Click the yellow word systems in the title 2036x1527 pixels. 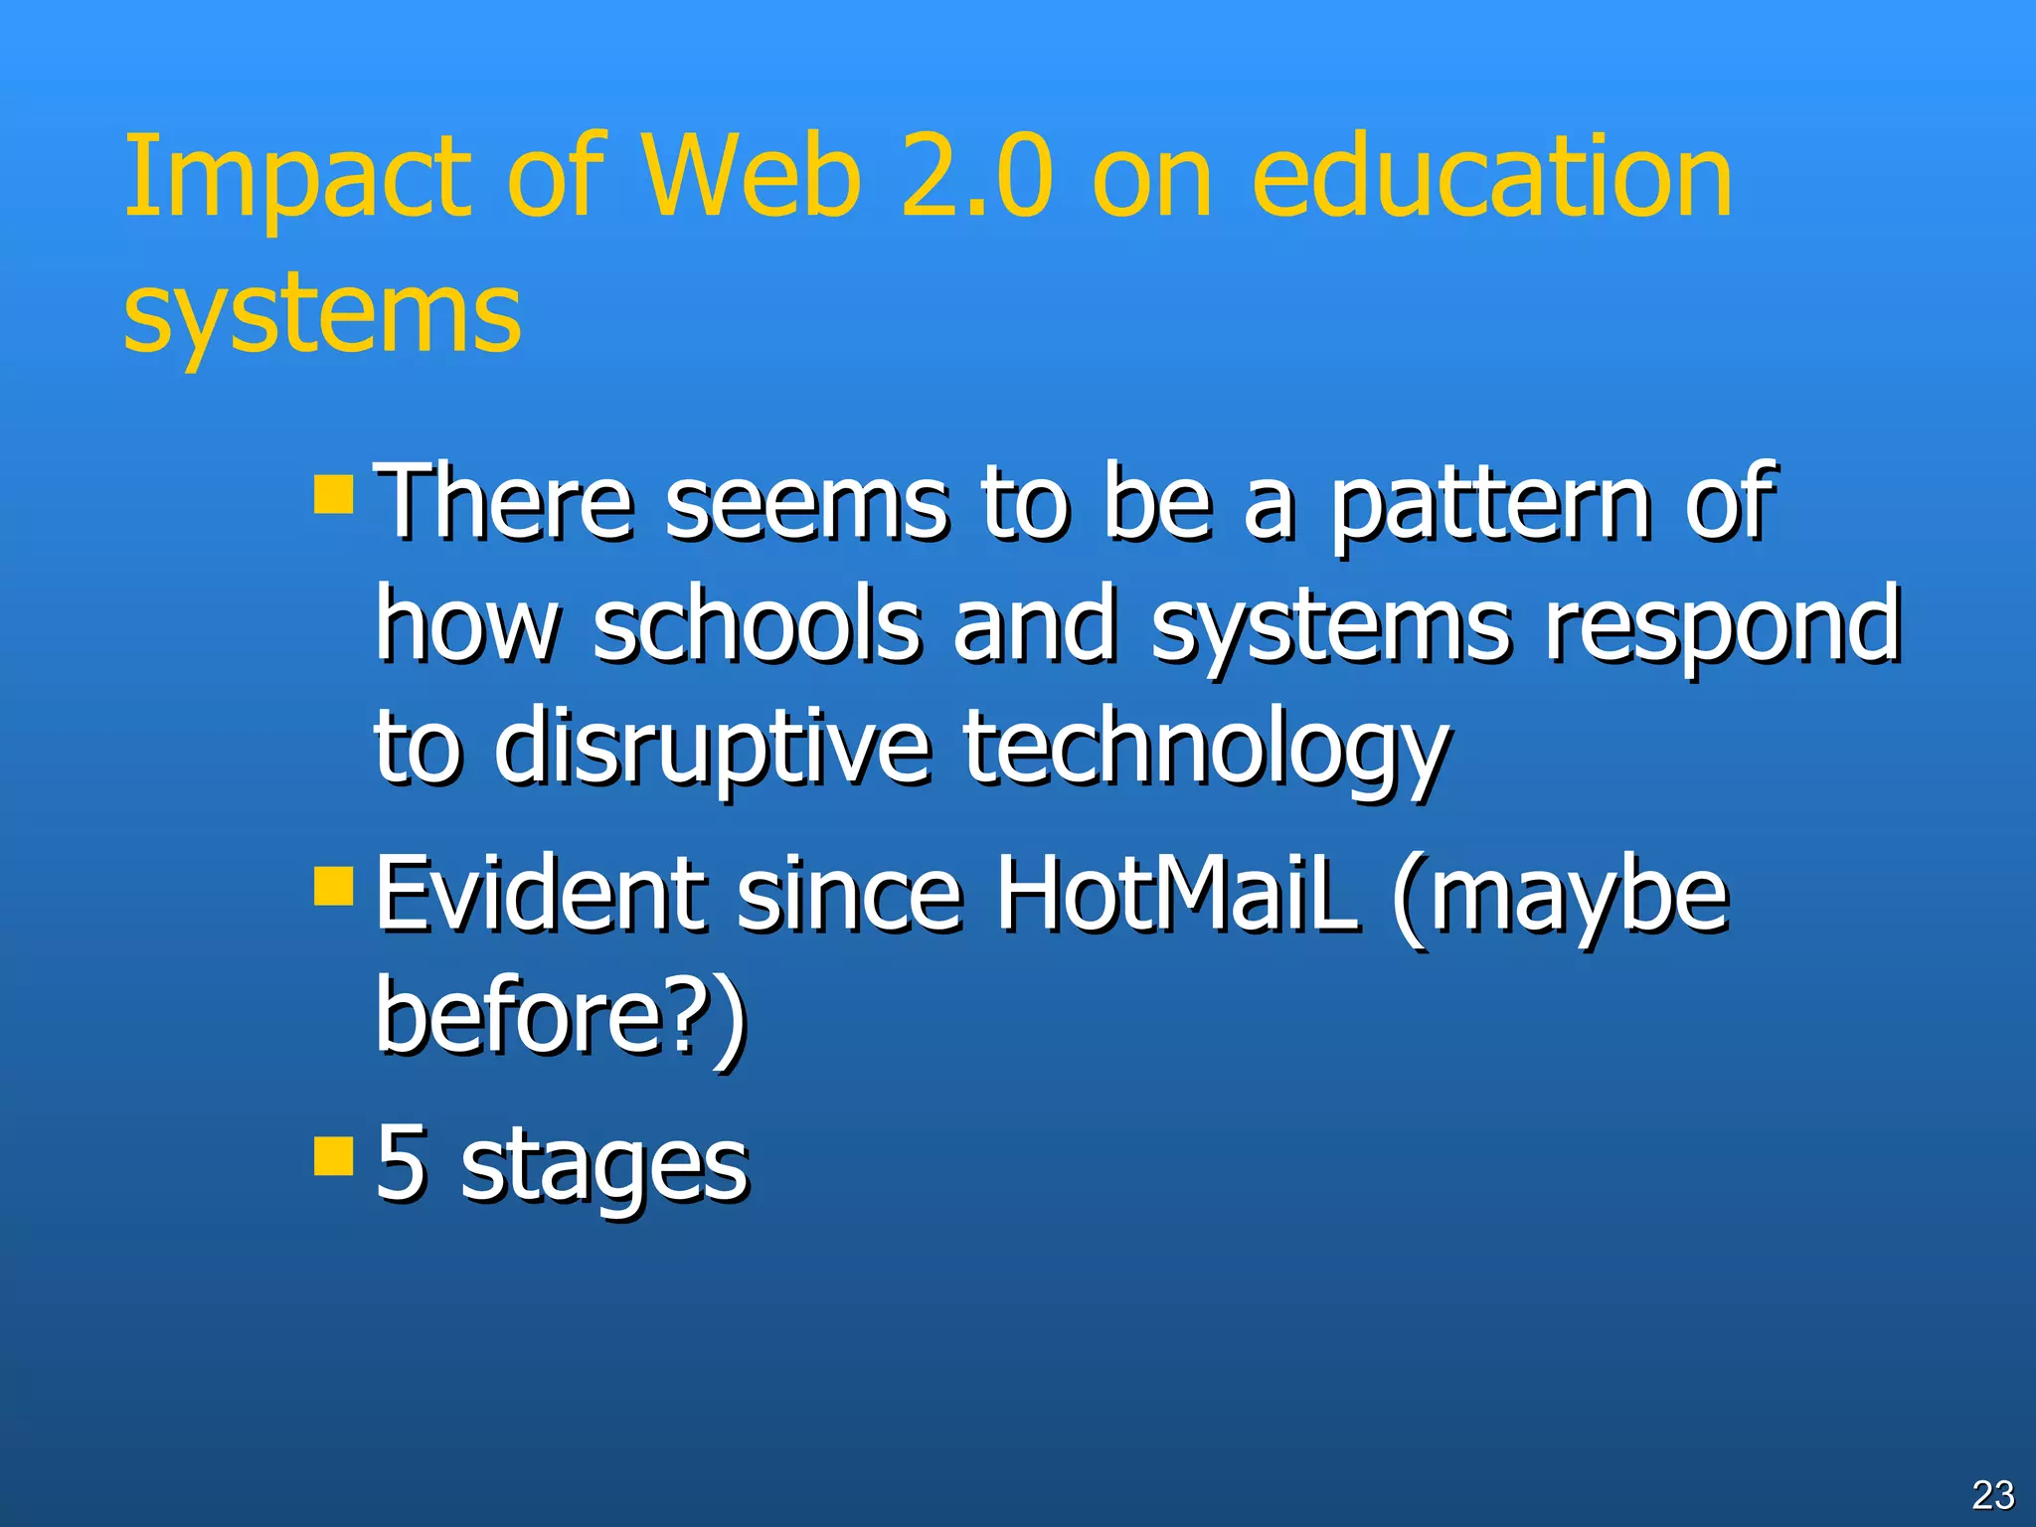pos(322,316)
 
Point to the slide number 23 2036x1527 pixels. pos(1992,1494)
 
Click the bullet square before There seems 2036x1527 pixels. pos(333,493)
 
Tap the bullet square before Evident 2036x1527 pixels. pos(333,886)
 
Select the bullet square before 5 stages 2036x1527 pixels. pos(333,1155)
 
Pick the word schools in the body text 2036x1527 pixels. pos(757,626)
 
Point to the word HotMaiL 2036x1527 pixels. pos(1178,895)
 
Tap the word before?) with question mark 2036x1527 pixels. pos(562,1016)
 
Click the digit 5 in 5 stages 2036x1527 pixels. pos(402,1163)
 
